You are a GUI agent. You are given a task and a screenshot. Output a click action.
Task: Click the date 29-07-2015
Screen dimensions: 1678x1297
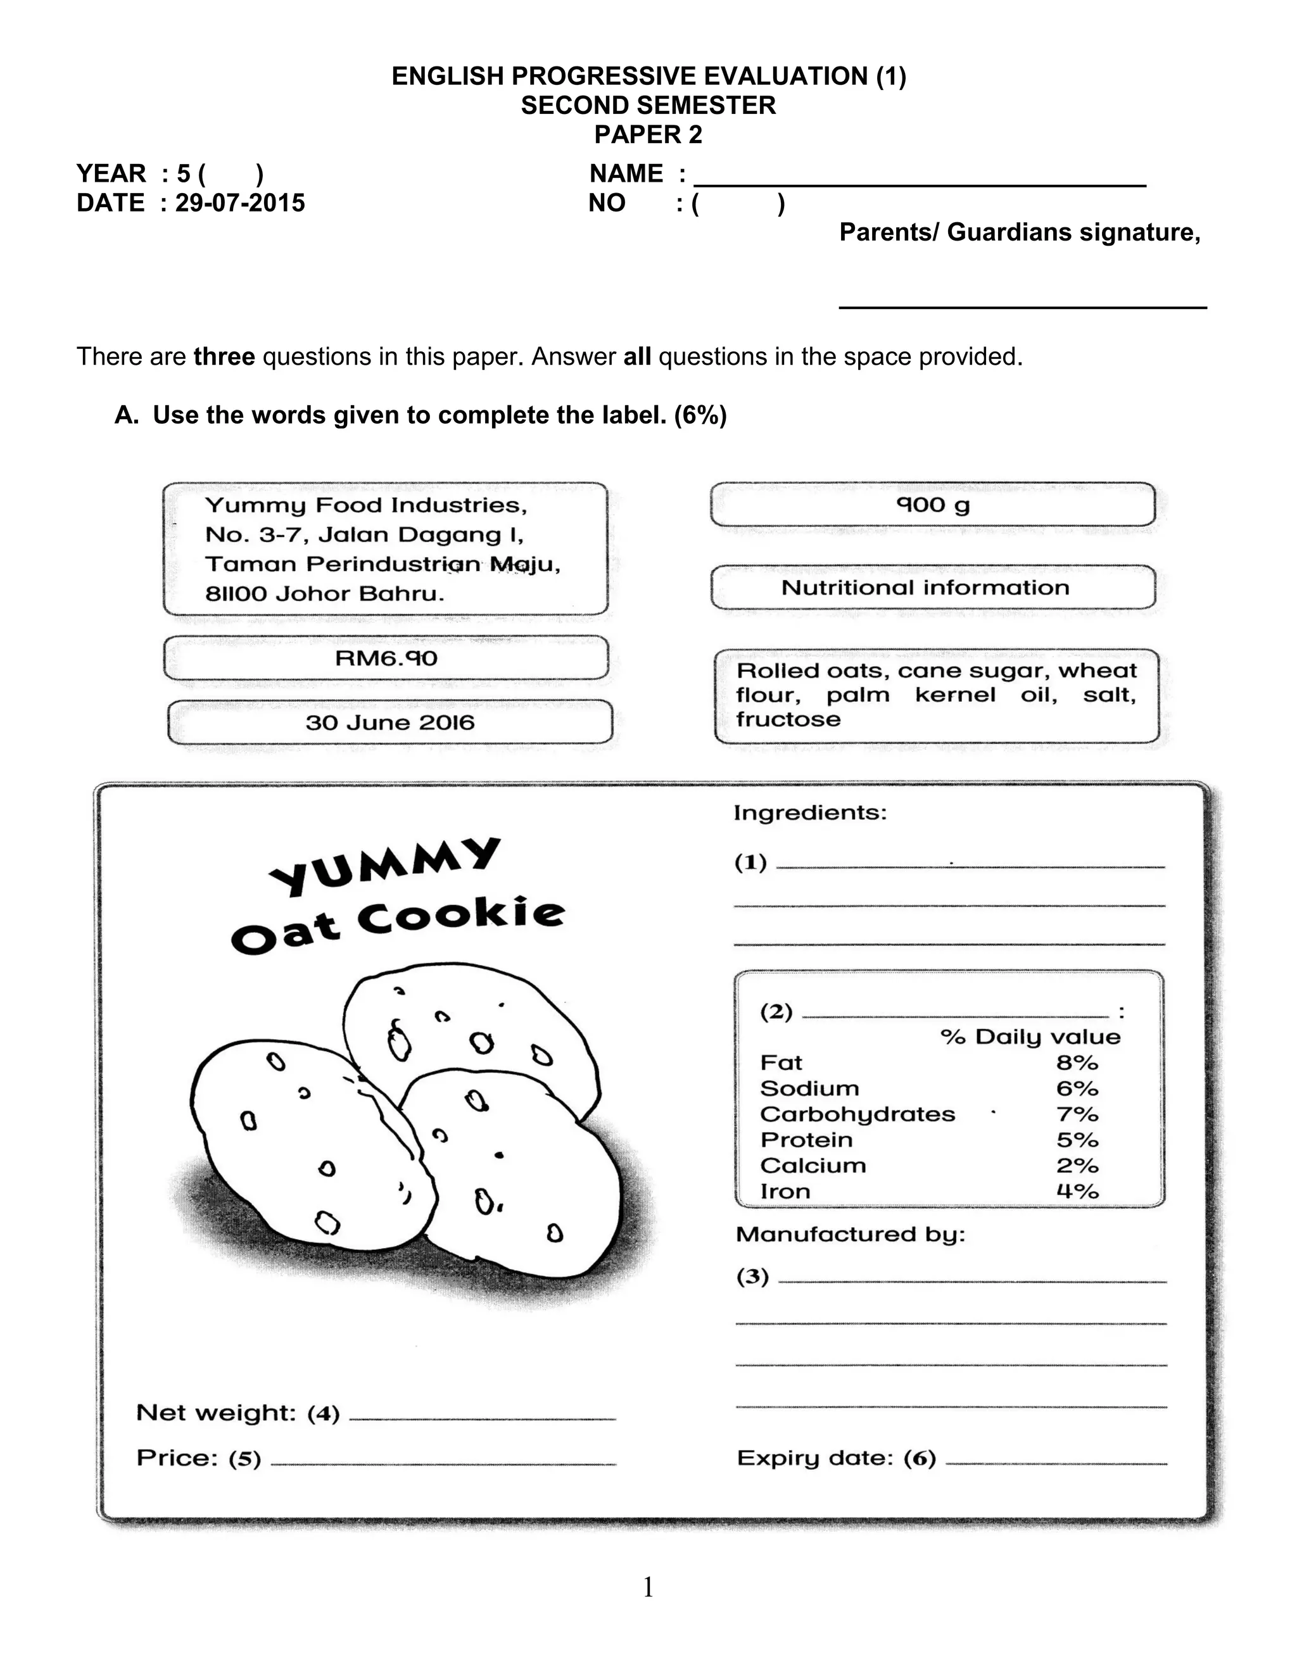(240, 203)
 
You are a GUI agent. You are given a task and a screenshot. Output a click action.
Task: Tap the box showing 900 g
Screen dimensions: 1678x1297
(933, 505)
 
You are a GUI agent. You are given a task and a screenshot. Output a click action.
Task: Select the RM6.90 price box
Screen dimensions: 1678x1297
(386, 658)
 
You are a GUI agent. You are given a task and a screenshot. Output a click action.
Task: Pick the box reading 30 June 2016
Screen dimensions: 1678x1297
(389, 722)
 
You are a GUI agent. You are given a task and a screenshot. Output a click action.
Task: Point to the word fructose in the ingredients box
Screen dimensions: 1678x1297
(788, 720)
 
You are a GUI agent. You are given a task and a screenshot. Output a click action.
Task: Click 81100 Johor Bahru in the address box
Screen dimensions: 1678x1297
(324, 594)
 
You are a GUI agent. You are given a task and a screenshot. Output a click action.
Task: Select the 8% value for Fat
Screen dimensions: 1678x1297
(1077, 1063)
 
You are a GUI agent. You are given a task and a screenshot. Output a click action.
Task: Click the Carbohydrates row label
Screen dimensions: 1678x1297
(857, 1114)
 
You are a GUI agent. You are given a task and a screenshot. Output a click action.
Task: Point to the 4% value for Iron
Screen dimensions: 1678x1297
(1077, 1192)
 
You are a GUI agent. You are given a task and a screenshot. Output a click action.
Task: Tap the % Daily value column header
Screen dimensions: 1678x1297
(1030, 1037)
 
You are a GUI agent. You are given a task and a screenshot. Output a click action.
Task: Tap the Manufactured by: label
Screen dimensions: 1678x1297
(850, 1235)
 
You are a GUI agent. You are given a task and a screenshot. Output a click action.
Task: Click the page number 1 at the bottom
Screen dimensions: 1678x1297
(648, 1587)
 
